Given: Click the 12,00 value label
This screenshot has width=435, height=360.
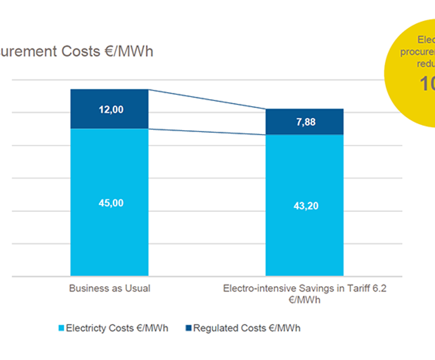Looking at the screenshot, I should click(111, 109).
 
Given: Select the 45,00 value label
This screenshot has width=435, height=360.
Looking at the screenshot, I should click(111, 203).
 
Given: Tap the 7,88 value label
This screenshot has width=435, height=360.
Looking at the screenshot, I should click(306, 122).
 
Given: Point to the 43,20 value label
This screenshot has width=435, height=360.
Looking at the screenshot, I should click(306, 206).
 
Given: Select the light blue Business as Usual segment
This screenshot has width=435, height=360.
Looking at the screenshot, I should click(110, 238).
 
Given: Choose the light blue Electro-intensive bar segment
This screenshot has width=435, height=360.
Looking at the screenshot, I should click(304, 244).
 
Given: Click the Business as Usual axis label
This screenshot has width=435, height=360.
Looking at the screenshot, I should click(110, 288).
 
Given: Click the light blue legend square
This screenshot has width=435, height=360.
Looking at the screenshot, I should click(61, 328).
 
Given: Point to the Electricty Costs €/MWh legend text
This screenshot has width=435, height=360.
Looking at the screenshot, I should click(117, 328).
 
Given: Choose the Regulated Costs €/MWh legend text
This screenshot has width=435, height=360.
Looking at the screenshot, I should click(246, 328).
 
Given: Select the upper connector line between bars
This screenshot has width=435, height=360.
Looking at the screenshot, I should click(207, 99).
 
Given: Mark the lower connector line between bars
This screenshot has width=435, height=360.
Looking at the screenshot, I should click(207, 132).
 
